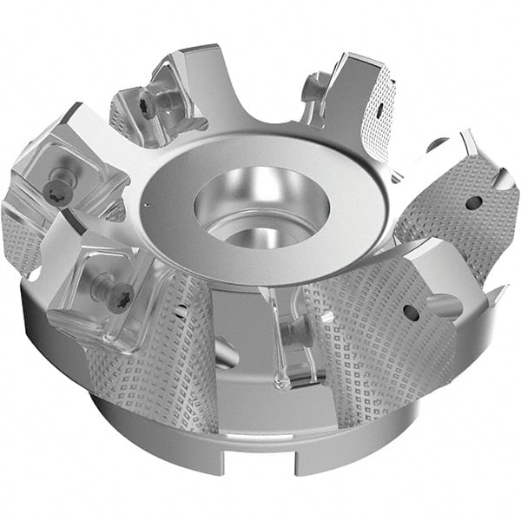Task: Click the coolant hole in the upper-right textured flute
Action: (380, 111)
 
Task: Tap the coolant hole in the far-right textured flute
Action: (472, 202)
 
